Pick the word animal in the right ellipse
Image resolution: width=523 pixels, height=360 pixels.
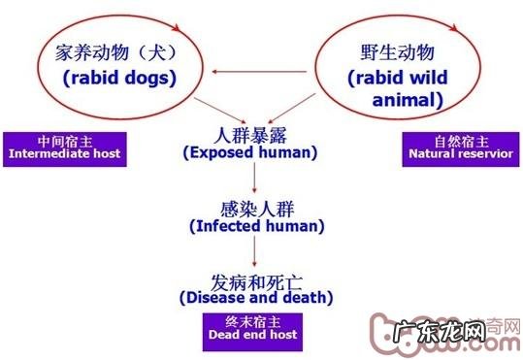coord(408,99)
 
